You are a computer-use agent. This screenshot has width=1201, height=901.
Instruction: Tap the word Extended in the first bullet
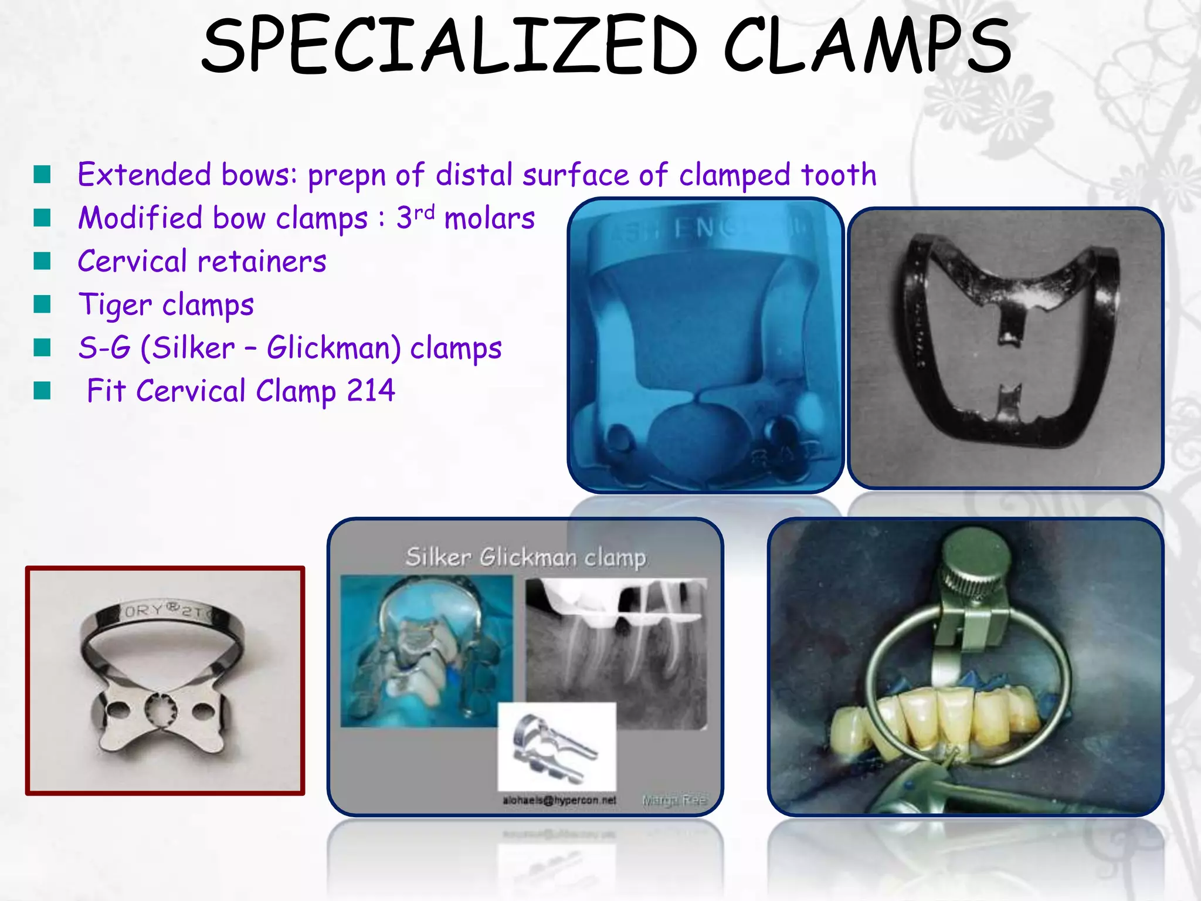coord(144,175)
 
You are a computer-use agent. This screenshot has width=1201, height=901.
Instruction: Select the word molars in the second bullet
coord(490,218)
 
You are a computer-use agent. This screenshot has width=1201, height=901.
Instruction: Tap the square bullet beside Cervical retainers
coord(42,261)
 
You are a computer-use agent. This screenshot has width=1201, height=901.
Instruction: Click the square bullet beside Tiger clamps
coord(42,304)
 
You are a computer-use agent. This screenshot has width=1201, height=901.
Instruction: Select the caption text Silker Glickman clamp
coord(525,557)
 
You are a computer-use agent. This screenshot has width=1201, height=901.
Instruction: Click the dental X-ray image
coord(616,651)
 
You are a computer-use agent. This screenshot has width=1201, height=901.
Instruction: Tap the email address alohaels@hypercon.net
coord(559,800)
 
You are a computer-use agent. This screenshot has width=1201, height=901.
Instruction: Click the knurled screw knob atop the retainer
coord(976,554)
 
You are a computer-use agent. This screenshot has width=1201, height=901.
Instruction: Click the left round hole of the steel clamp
coord(119,710)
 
